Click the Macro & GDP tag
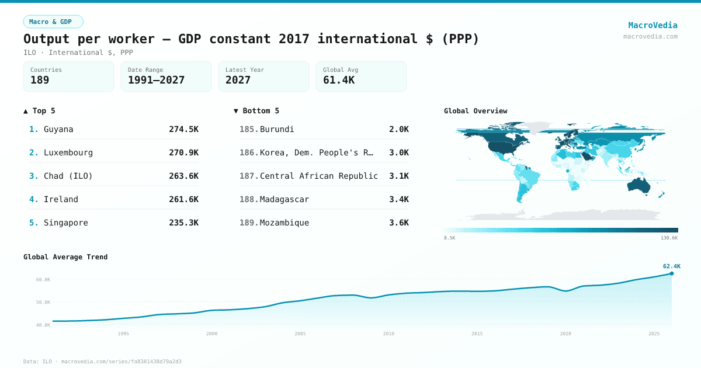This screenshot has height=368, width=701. [53, 22]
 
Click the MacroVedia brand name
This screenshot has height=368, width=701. [653, 25]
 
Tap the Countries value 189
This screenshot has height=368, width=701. [40, 80]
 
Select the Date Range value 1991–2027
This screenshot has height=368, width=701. [156, 80]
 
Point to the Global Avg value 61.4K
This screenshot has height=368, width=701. [338, 80]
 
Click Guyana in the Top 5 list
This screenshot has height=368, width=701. [58, 129]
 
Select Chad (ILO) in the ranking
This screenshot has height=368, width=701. [68, 176]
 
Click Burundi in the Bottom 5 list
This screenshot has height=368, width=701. [277, 129]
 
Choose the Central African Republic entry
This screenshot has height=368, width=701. [318, 176]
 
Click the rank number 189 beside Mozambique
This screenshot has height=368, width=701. [248, 223]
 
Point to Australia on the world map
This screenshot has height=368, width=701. [640, 185]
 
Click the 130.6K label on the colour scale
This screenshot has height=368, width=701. [669, 238]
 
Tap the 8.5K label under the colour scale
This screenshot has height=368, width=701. [449, 238]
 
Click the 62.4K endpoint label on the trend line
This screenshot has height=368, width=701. [671, 266]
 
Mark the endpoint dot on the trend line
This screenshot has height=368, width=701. [671, 273]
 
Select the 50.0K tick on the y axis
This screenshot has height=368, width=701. [43, 302]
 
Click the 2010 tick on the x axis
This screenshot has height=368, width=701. [388, 334]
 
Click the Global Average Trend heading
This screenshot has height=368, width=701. [65, 257]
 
